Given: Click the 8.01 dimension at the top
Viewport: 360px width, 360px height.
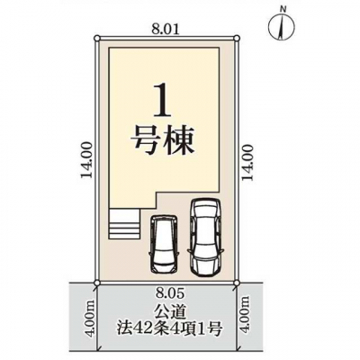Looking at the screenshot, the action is tap(166, 29).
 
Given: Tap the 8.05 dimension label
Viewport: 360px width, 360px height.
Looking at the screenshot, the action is tap(167, 291).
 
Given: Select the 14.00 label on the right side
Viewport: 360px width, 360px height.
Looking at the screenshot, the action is tap(247, 162).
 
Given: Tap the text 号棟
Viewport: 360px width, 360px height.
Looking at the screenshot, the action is tap(163, 143).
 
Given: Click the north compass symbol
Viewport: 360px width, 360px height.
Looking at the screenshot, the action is tap(281, 27).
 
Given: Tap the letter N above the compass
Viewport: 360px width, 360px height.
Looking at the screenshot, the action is tap(283, 10).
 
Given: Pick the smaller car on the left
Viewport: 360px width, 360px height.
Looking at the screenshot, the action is tap(165, 244).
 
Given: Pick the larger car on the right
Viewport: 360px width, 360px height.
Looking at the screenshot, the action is tap(205, 238).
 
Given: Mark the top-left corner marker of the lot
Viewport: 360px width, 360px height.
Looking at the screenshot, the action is tap(96, 38).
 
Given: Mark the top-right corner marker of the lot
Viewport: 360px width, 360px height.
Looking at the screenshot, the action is tap(237, 38).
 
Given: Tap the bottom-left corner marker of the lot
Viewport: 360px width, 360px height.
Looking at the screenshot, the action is tap(96, 283).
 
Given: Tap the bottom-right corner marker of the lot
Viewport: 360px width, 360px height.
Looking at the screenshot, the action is tap(237, 283).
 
